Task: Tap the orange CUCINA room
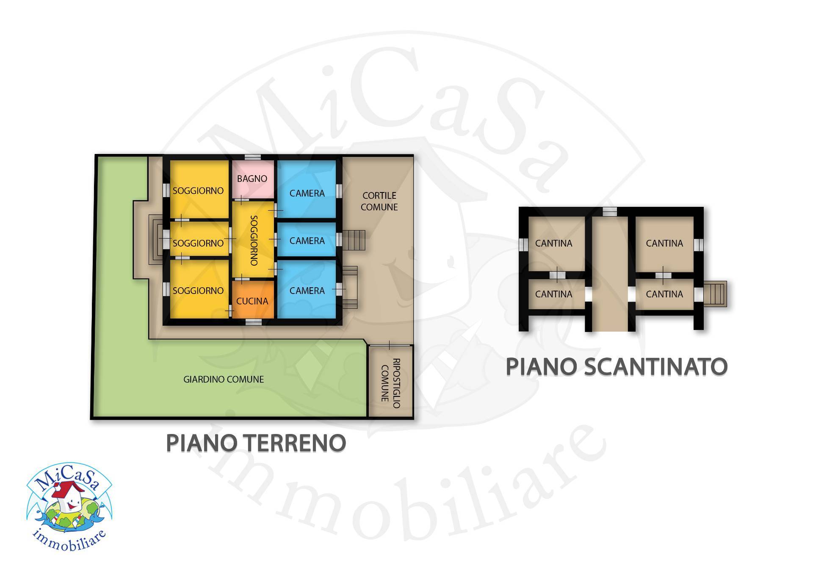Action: [x=252, y=300]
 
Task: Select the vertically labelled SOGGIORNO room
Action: [x=253, y=240]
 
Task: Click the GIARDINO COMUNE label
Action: [x=224, y=379]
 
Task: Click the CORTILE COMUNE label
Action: [x=379, y=201]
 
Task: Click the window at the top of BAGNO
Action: [x=253, y=157]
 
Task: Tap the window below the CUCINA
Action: [x=253, y=322]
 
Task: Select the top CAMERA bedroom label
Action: [x=307, y=193]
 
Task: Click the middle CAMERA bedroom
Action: [x=307, y=241]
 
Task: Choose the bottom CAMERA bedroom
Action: [x=307, y=291]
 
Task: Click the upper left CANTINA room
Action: [x=553, y=243]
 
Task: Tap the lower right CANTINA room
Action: [x=664, y=294]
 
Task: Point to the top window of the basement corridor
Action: [x=610, y=211]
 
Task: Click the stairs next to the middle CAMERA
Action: [x=354, y=240]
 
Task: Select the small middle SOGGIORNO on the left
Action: [x=198, y=243]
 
